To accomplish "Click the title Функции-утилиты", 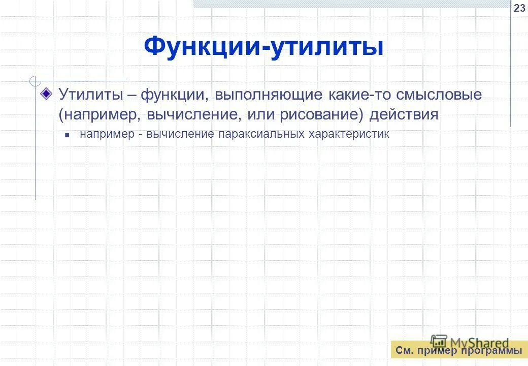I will coord(263,47).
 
